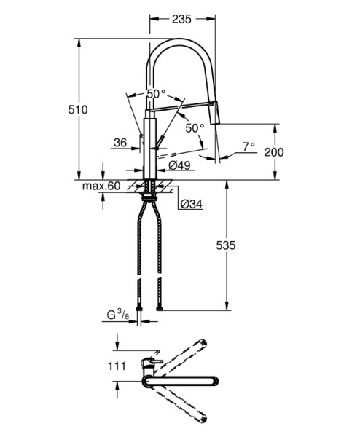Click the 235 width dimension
point(181,19)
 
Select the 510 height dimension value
point(78,109)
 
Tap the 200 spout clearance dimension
point(274,152)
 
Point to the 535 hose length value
point(226,245)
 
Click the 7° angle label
point(249,146)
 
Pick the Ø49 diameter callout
point(180,165)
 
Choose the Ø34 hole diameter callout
point(191,204)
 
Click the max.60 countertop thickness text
point(101,186)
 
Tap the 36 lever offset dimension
point(120,143)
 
